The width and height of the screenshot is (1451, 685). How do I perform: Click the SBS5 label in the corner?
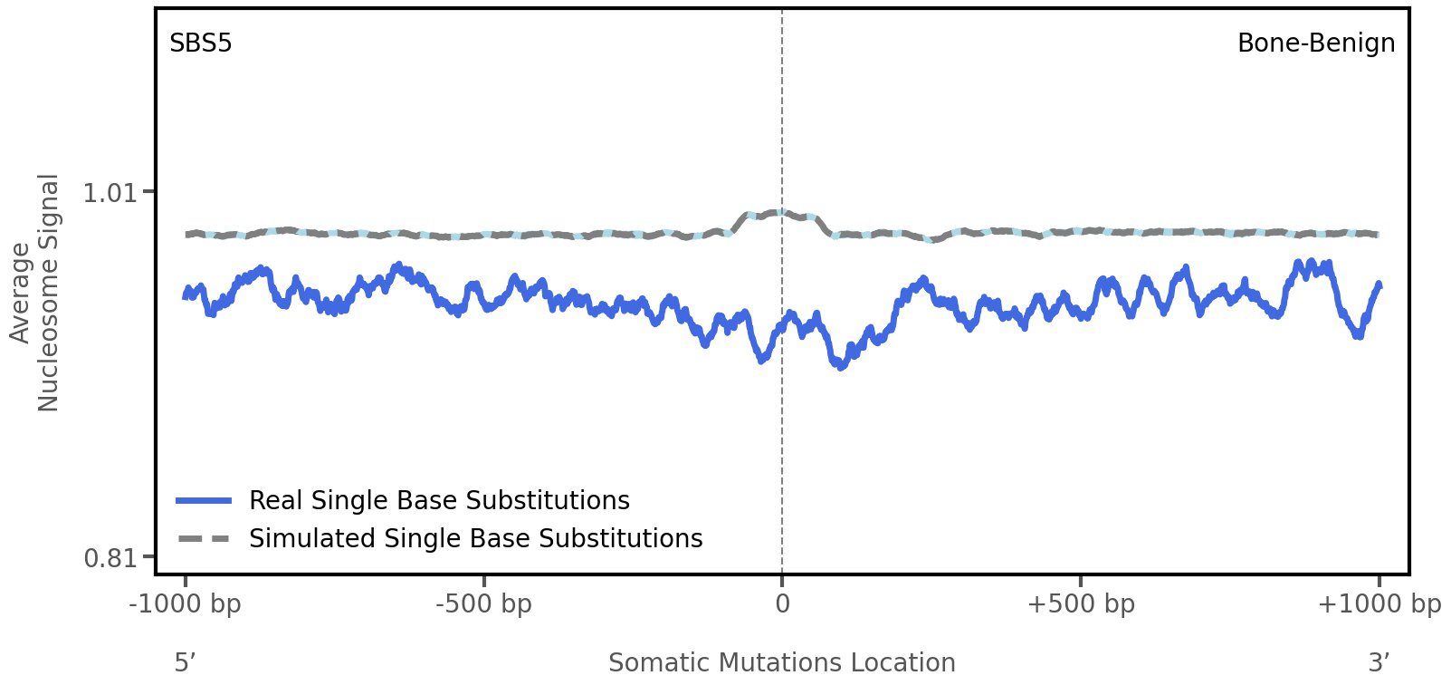coord(201,43)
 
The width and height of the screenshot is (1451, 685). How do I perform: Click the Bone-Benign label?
coord(1315,43)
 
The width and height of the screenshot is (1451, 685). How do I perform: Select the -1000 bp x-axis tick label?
coord(186,603)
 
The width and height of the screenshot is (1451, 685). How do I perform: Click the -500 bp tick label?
coord(483,603)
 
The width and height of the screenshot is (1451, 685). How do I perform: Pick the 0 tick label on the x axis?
coord(782,603)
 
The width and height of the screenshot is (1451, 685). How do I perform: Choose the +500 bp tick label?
coord(1081,603)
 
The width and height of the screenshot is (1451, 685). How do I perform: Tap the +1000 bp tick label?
coord(1379,603)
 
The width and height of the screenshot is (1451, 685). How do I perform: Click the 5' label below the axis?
coord(186,662)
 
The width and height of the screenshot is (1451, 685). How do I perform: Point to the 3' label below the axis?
coord(1379,662)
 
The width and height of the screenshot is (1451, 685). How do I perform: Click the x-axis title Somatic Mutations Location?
coord(782,662)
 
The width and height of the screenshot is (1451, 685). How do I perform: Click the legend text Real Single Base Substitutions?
coord(439,500)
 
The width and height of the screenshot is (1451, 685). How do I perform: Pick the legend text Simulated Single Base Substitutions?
coord(475,538)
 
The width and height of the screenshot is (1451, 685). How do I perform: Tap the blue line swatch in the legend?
coord(205,500)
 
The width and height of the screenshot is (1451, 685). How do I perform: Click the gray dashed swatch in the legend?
coord(205,538)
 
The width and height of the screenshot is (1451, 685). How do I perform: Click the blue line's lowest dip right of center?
coord(841,365)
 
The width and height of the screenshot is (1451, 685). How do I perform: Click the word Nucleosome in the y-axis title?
coord(48,293)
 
